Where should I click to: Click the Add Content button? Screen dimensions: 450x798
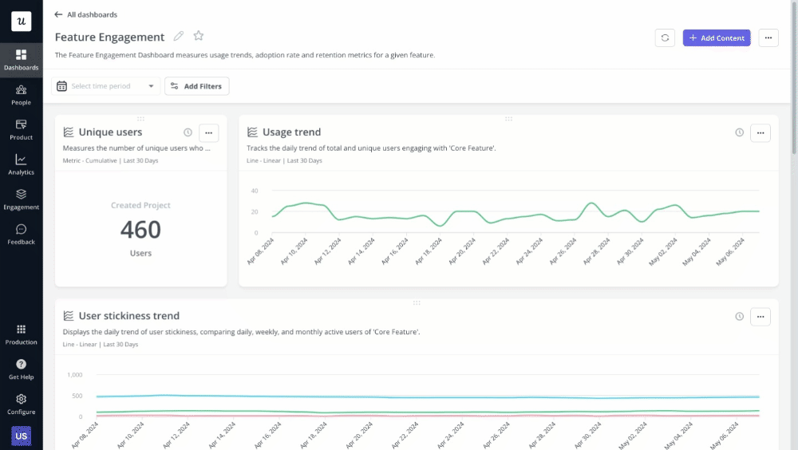716,37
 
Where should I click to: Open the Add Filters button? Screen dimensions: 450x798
197,86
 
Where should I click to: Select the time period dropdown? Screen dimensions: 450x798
105,86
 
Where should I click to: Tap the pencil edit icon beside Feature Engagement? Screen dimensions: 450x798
179,37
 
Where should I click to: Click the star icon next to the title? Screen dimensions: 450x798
199,37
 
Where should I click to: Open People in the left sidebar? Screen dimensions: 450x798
21,95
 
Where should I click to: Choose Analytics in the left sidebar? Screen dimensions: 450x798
21,164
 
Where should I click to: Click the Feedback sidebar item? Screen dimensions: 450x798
21,235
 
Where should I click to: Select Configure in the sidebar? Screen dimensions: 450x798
21,404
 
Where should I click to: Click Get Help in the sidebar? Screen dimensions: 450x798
21,369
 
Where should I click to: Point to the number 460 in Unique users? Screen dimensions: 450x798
140,230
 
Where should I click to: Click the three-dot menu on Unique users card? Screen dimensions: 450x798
208,132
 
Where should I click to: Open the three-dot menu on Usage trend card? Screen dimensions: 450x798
760,132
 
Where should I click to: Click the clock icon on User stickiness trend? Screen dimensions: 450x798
740,316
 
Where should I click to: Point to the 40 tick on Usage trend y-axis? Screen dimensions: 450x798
255,191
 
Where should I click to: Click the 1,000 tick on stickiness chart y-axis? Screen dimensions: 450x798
74,374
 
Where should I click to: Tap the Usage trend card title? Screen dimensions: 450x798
291,132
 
